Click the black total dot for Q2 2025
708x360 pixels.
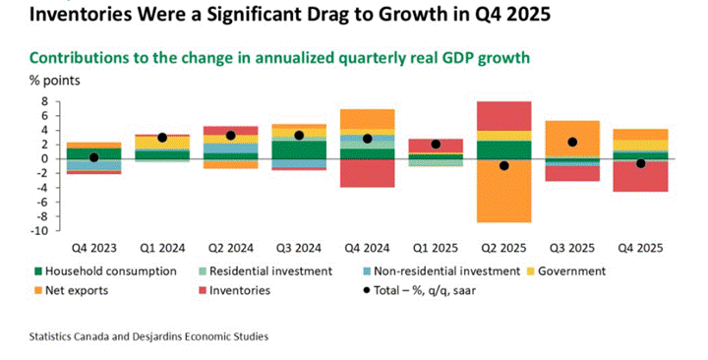click(x=503, y=166)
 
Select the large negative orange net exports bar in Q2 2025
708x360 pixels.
click(x=503, y=191)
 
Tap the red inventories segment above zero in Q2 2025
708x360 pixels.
click(x=503, y=116)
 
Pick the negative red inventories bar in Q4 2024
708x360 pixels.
click(x=367, y=173)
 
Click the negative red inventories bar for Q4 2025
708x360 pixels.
click(x=641, y=176)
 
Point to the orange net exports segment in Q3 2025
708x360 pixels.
click(x=572, y=139)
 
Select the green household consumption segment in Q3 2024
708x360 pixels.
click(x=299, y=150)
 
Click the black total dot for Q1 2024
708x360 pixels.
click(x=162, y=138)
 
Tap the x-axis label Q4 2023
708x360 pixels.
click(x=94, y=248)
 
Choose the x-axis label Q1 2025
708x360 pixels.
click(x=436, y=248)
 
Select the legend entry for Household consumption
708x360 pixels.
click(x=105, y=271)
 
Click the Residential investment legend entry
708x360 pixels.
click(x=265, y=271)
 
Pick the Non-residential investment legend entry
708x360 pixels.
click(x=442, y=271)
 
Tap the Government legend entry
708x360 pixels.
click(x=566, y=271)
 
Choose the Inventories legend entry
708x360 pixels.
click(x=234, y=290)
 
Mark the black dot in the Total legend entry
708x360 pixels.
click(x=367, y=290)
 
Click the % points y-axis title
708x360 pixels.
click(x=55, y=81)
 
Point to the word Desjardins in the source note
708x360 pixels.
click(x=155, y=337)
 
